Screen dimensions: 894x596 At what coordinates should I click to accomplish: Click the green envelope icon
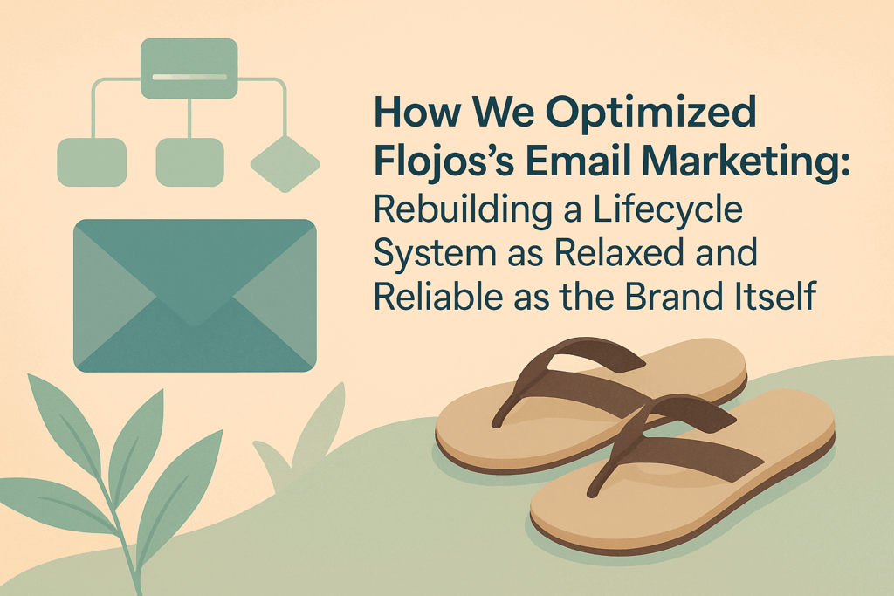[x=195, y=296]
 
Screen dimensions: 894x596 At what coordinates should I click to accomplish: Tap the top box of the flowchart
[x=189, y=68]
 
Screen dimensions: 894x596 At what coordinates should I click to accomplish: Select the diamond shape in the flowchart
[x=285, y=164]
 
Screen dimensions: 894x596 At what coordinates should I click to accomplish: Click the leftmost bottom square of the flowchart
[x=92, y=162]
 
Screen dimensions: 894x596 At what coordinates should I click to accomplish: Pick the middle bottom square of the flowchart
[x=189, y=162]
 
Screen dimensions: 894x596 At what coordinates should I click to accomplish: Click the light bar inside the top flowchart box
[x=189, y=77]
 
